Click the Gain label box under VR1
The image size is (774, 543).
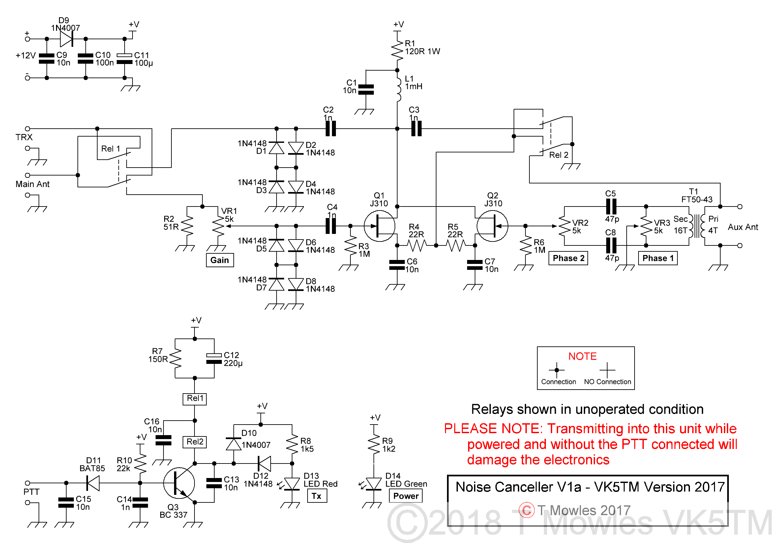(220, 260)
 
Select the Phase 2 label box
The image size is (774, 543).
(568, 258)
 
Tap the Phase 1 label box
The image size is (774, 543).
(658, 258)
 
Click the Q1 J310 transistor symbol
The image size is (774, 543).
(380, 226)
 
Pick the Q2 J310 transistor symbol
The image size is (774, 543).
(492, 226)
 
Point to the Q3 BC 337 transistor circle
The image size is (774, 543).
(179, 483)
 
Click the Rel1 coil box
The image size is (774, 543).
(194, 399)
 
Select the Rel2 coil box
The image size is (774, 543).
(194, 442)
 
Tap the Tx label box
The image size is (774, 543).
(317, 496)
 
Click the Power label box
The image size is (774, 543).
(406, 496)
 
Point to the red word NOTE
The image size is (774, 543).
(582, 356)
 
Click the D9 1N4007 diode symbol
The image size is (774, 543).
(66, 39)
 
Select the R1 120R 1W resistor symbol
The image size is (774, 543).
(398, 50)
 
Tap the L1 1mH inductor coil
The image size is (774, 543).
(399, 88)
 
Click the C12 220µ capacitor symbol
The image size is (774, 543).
(214, 359)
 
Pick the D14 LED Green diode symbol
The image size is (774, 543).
(374, 484)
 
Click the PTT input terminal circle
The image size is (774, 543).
(28, 483)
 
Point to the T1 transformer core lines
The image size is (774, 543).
(697, 226)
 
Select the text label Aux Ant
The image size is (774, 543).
(743, 227)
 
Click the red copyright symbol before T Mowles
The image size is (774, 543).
(526, 510)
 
